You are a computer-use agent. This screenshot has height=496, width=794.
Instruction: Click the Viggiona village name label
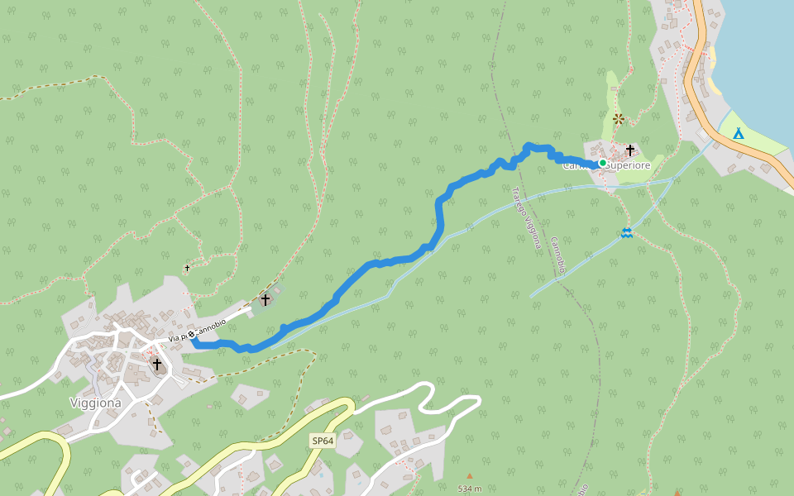pos(95,403)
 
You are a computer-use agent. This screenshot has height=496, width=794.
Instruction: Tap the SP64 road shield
pos(323,441)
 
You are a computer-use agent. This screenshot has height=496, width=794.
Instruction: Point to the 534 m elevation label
pos(469,489)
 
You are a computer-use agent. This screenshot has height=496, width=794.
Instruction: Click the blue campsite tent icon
pos(738,132)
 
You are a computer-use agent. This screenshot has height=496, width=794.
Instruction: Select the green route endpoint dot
pos(603,163)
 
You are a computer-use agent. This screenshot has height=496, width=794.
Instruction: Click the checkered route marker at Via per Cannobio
pos(192,335)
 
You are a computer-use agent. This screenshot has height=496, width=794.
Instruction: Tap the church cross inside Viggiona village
pos(156,364)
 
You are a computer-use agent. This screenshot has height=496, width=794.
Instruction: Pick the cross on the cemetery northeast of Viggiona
pos(265,300)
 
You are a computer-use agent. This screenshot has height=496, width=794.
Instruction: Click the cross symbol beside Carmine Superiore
pos(630,150)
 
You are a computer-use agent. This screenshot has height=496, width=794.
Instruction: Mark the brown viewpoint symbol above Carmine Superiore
pos(618,118)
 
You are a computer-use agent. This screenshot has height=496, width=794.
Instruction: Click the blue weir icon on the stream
pos(627,233)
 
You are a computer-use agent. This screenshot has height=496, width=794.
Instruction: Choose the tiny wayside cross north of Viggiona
pos(188,268)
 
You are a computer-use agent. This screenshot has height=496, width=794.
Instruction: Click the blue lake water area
pos(757,50)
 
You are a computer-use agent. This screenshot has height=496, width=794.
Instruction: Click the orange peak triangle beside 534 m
pos(469,476)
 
